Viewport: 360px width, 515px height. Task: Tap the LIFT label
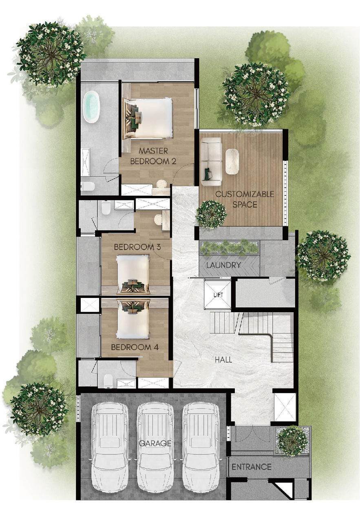click(x=218, y=295)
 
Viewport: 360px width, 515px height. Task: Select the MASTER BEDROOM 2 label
click(x=153, y=156)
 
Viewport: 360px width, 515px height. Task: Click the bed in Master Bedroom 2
click(x=148, y=118)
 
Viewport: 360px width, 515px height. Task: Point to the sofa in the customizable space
click(x=211, y=162)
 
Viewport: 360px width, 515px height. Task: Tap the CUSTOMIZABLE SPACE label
click(x=245, y=199)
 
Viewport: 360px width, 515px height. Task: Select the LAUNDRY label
click(x=223, y=265)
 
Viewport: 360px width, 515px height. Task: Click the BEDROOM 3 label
click(x=137, y=247)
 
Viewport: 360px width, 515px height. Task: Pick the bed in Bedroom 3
click(x=133, y=274)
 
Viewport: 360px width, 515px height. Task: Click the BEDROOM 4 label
click(x=135, y=347)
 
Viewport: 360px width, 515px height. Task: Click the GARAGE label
click(x=155, y=443)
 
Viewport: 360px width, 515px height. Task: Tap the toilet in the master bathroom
click(x=88, y=186)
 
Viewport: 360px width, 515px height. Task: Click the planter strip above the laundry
click(x=229, y=247)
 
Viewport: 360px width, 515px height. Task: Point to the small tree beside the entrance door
click(x=292, y=441)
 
